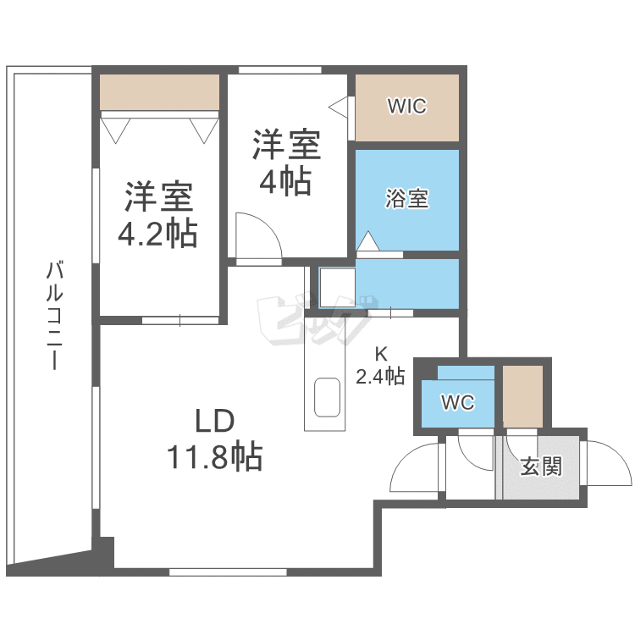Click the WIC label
coord(406,107)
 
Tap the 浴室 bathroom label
coord(406,199)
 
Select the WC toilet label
coord(457,403)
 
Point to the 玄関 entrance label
coord(540,466)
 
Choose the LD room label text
coord(213,420)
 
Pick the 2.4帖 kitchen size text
coord(379,378)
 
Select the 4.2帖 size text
coord(157,233)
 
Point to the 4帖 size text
coord(285,182)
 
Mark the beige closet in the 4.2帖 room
coord(159,91)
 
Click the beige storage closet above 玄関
coord(522,396)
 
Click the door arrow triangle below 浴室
coord(367,240)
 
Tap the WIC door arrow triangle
coord(338,108)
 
